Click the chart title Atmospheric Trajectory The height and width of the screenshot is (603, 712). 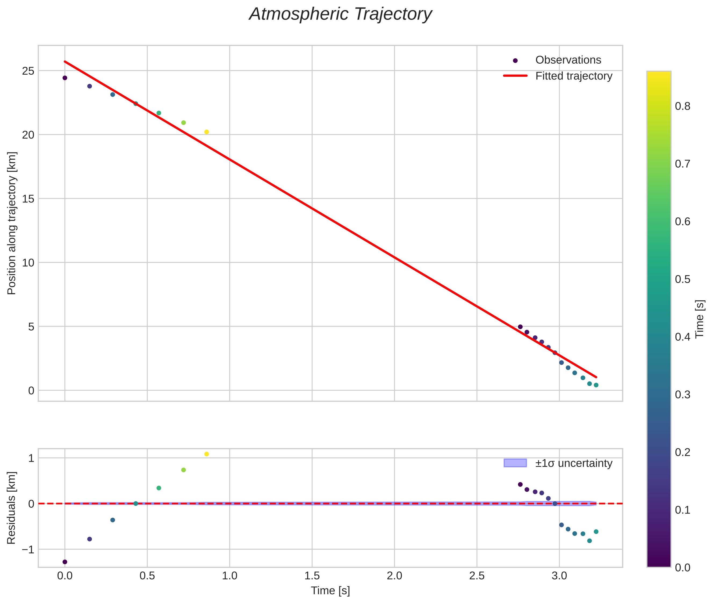pos(340,14)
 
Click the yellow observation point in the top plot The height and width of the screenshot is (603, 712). pos(207,132)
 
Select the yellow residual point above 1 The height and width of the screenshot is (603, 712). pos(207,454)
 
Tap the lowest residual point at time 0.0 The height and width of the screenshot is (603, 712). pos(65,562)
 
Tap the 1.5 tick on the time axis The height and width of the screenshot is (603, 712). pos(312,576)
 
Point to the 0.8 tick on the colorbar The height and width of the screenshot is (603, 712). pos(682,106)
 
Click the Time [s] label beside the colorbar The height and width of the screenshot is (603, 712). pos(700,319)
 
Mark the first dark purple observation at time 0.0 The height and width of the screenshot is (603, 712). pos(65,78)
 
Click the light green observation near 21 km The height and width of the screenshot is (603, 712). pos(184,123)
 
